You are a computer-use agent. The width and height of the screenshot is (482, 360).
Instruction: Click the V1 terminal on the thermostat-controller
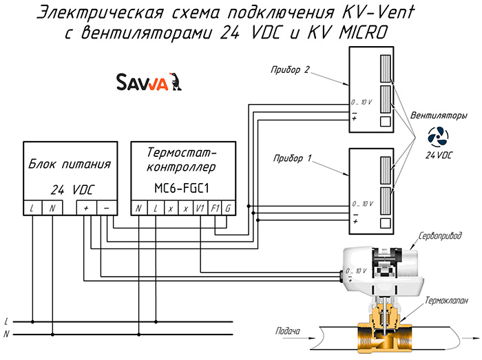coord(200,209)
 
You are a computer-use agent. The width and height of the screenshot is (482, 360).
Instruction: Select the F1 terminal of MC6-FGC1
coord(215,209)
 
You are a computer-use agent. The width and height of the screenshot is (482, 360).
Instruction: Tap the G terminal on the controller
coord(229,209)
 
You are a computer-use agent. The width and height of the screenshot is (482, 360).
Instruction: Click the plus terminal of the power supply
coord(86,208)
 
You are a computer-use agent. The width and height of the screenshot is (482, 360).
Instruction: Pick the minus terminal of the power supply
coord(107,208)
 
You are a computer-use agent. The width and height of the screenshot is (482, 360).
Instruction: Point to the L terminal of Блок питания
coord(32,208)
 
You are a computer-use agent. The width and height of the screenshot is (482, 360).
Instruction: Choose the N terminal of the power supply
coord(52,208)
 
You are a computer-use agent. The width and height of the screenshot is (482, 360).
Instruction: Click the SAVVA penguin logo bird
coord(176,81)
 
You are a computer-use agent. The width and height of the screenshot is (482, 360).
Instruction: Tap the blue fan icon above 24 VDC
coord(438,137)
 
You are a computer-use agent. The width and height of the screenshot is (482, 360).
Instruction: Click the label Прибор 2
coord(290,70)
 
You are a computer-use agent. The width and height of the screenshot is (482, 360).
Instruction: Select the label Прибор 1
coord(293,158)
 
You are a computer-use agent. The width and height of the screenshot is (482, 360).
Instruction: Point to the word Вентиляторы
coord(439,116)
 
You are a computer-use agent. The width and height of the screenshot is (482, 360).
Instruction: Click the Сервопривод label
coord(440,235)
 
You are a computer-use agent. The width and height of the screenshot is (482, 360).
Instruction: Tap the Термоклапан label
coord(446,300)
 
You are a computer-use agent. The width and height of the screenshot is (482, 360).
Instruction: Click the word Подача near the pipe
coord(288,331)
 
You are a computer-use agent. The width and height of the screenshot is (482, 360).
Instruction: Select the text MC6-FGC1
coord(182,188)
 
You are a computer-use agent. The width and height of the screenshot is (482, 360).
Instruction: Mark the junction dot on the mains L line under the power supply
coord(32,322)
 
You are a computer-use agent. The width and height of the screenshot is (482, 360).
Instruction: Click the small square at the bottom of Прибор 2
coord(386,122)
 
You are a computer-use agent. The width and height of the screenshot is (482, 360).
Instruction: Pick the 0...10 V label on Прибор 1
coord(363,204)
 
